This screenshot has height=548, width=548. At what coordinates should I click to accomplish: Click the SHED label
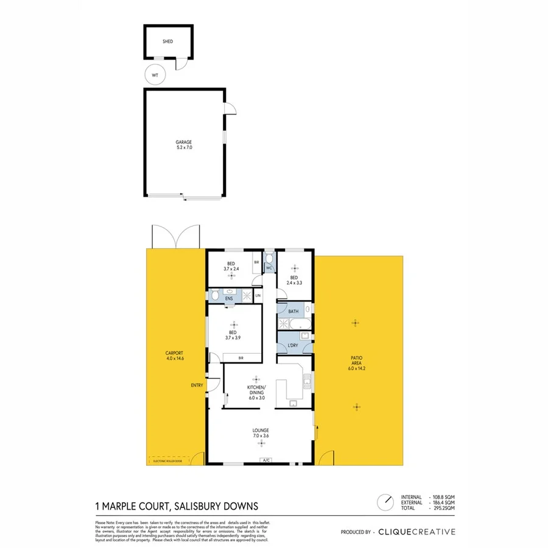[x=167, y=42]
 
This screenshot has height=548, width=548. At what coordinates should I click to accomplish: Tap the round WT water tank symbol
[x=155, y=76]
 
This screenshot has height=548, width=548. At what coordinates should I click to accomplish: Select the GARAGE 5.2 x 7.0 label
[x=184, y=144]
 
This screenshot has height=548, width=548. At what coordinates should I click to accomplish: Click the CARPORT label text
[x=174, y=356]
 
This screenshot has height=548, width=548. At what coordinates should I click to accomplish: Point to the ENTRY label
[x=197, y=385]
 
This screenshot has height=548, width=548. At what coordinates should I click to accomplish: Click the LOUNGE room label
[x=260, y=433]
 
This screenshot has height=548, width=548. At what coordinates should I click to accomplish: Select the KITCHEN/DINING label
[x=255, y=390]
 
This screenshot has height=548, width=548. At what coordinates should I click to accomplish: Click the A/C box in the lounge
[x=266, y=460]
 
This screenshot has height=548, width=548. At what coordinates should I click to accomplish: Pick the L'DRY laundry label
[x=292, y=345]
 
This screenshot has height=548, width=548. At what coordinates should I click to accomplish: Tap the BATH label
[x=293, y=312]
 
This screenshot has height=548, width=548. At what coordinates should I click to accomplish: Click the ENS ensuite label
[x=229, y=299]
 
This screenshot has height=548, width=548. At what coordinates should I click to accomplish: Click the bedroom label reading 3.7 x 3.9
[x=233, y=334]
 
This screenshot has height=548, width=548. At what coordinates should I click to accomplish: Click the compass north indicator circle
[x=385, y=502]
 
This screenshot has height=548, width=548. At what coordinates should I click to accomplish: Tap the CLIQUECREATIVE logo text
[x=416, y=532]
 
